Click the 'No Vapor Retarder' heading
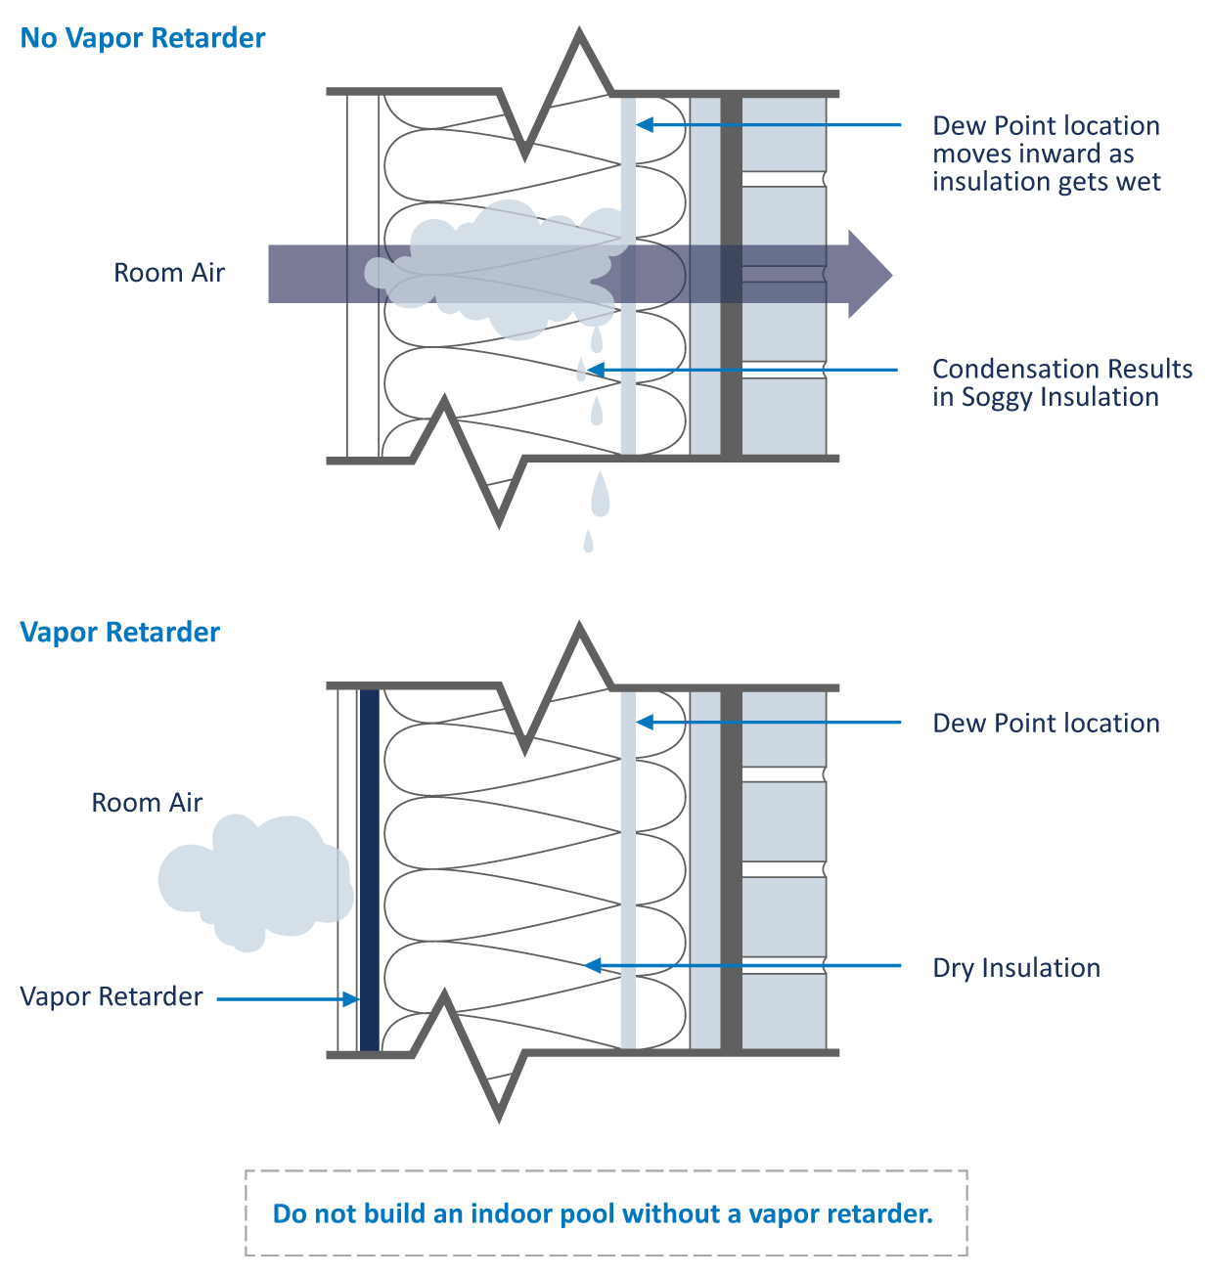click(x=143, y=38)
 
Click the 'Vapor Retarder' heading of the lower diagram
click(x=119, y=633)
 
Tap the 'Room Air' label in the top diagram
click(x=169, y=273)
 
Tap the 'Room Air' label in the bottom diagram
click(x=147, y=803)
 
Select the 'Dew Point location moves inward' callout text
click(x=1046, y=154)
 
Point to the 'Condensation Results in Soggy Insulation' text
click(x=1061, y=382)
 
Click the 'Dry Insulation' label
click(x=1016, y=968)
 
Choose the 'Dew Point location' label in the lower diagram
click(x=1046, y=724)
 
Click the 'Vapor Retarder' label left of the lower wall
click(x=112, y=996)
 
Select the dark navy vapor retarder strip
click(x=369, y=870)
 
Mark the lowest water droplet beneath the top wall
click(x=588, y=542)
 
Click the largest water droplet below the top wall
click(x=599, y=497)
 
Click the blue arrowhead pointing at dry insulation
click(x=592, y=966)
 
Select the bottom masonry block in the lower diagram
click(x=784, y=1011)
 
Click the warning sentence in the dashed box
click(x=603, y=1213)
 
